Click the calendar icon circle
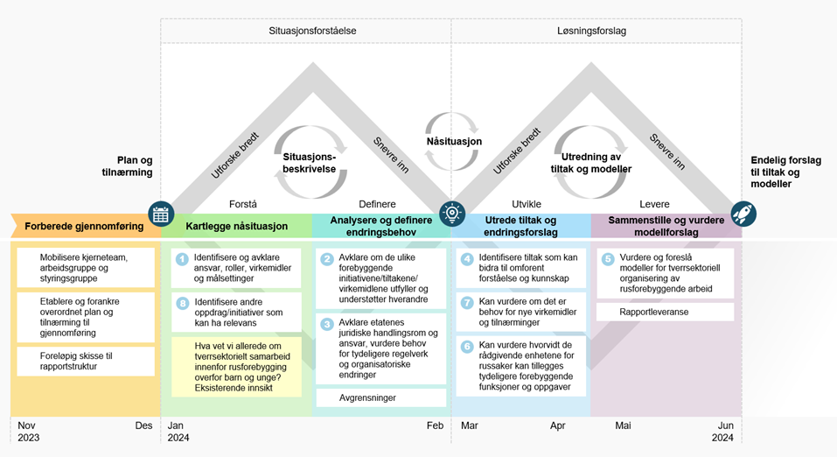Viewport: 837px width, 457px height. pyautogui.click(x=161, y=214)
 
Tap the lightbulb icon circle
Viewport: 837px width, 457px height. pyautogui.click(x=452, y=214)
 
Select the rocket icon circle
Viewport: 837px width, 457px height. pyautogui.click(x=743, y=214)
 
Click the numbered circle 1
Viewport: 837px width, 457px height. pyautogui.click(x=182, y=259)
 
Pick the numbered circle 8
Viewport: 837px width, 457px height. pyautogui.click(x=182, y=303)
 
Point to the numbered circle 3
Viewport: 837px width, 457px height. pyautogui.click(x=327, y=324)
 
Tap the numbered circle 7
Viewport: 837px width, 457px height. pyautogui.click(x=467, y=303)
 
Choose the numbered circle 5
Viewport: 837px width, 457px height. pyautogui.click(x=608, y=259)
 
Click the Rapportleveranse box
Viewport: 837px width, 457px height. pyautogui.click(x=665, y=312)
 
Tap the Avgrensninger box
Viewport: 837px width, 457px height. pyautogui.click(x=380, y=397)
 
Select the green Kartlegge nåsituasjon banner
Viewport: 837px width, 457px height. pyautogui.click(x=236, y=226)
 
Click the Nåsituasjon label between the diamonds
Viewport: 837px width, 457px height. pyautogui.click(x=454, y=142)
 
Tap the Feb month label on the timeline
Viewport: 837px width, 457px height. pyautogui.click(x=436, y=425)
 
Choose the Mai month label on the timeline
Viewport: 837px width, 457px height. pyautogui.click(x=623, y=425)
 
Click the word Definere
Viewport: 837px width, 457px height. pyautogui.click(x=377, y=204)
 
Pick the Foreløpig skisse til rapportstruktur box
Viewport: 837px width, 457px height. pyautogui.click(x=85, y=361)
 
